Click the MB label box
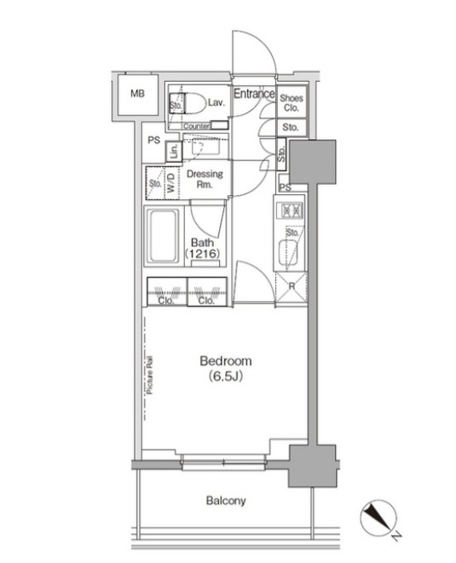[137, 95]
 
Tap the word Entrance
[253, 94]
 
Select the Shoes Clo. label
[291, 102]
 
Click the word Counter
[196, 127]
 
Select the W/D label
[171, 183]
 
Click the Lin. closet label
[173, 152]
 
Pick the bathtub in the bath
[162, 236]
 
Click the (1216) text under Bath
[203, 254]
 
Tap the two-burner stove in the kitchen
[291, 210]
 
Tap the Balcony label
[226, 501]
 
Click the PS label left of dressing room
[154, 141]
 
